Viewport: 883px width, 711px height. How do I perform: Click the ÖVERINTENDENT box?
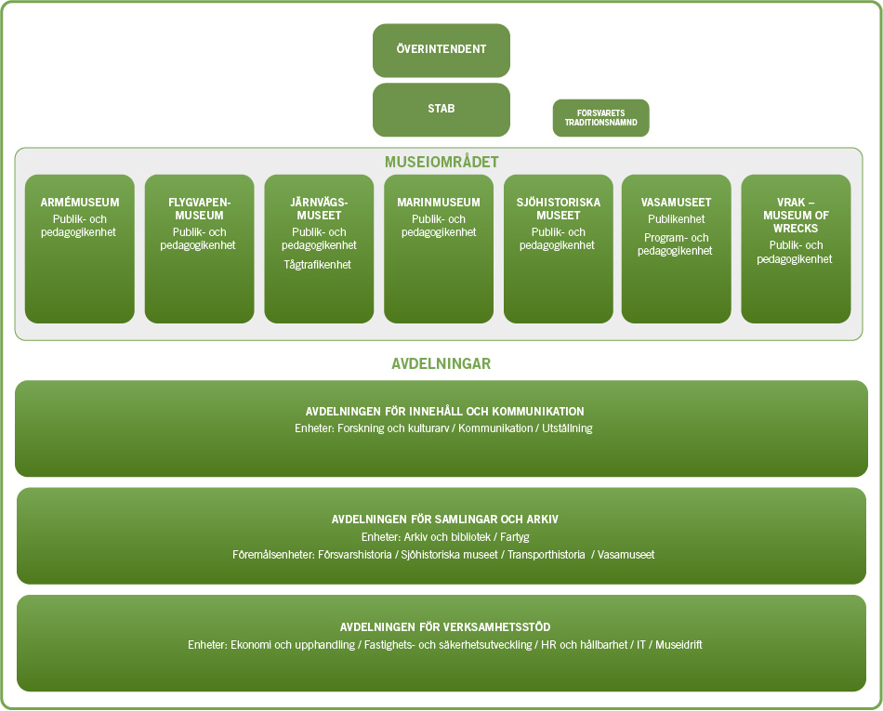coord(441,50)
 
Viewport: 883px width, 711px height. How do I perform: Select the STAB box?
coord(441,109)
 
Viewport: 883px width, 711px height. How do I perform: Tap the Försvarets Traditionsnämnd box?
coord(600,118)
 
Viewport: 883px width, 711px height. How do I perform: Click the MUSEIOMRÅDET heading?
coord(441,162)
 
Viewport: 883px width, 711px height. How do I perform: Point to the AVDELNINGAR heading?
coord(441,363)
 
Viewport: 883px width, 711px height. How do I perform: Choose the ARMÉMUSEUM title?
coord(79,203)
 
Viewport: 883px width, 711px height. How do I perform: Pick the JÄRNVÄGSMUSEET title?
coord(319,209)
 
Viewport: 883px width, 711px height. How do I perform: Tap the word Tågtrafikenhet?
coord(318,266)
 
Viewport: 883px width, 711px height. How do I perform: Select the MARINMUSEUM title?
coord(439,203)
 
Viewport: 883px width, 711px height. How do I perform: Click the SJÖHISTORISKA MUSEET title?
coord(558,209)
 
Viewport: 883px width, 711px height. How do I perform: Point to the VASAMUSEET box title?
coord(676,203)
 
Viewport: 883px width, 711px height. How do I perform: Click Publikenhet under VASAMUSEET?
coord(676,220)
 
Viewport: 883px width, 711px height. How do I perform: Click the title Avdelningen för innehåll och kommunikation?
coord(444,412)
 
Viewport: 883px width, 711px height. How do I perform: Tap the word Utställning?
coord(566,428)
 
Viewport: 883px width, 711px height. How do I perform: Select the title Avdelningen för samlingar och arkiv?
coord(444,520)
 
